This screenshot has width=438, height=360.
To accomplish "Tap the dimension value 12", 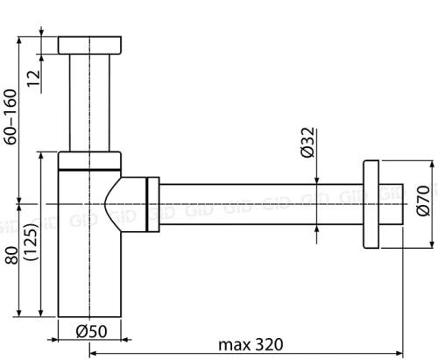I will coord(32,78).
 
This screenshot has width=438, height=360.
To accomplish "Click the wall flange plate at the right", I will coord(371,207).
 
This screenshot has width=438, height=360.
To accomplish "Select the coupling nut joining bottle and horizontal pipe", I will coord(153,207).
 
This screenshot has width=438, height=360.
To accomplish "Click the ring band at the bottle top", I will coord(88,159).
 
